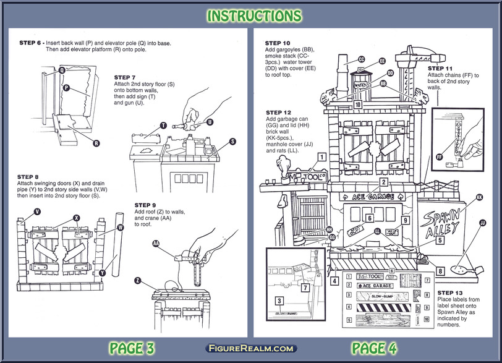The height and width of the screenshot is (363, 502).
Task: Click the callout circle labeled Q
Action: [x=62, y=70]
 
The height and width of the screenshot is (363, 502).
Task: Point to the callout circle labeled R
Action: [x=96, y=143]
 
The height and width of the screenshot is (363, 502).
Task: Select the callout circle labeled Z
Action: [x=138, y=281]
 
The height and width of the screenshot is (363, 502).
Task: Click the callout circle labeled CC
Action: [x=361, y=59]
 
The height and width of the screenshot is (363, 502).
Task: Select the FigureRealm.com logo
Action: [x=251, y=349]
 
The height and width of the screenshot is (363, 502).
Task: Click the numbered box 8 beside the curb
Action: [x=440, y=271]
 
